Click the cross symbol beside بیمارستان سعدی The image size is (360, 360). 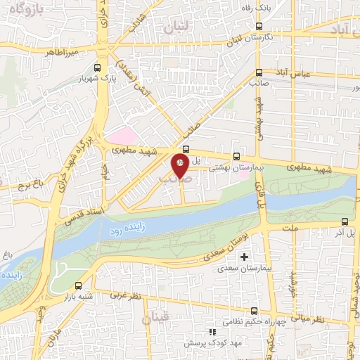[x=244, y=256]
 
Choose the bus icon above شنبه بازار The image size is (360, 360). [x=77, y=285]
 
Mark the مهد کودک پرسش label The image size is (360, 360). [x=208, y=344]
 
